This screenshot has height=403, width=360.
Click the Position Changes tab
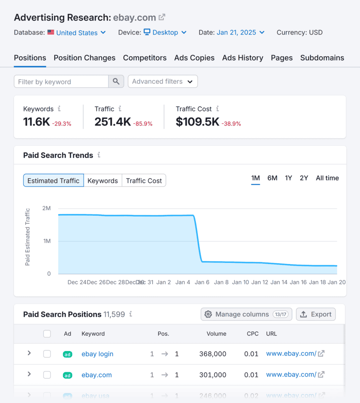click(x=84, y=58)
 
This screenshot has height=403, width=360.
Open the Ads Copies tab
click(x=194, y=58)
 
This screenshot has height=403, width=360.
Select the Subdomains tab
click(x=322, y=58)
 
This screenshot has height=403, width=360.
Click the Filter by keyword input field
click(x=61, y=82)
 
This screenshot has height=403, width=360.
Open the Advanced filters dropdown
click(x=163, y=81)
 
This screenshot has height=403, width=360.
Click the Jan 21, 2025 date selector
click(x=240, y=33)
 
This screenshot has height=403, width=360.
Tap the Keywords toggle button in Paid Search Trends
click(x=102, y=181)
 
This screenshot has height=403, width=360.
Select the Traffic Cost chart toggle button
click(x=144, y=181)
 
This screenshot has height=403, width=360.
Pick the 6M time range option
click(x=272, y=178)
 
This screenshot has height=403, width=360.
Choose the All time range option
click(x=327, y=178)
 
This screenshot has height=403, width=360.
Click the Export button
click(x=315, y=314)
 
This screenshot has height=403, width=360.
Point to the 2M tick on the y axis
click(x=46, y=208)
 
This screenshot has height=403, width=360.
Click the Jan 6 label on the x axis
click(x=202, y=282)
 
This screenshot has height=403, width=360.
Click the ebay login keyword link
click(x=97, y=354)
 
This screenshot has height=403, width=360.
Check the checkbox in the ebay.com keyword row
click(x=47, y=375)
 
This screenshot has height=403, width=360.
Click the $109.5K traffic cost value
click(x=197, y=122)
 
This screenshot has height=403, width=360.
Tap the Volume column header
click(x=216, y=334)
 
